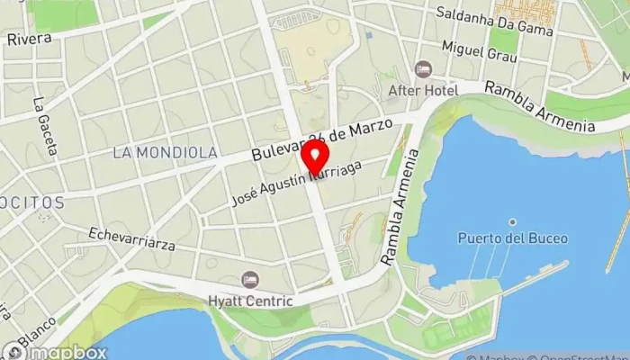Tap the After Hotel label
[x=423, y=90]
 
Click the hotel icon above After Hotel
[x=423, y=69]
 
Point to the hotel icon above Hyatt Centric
[x=250, y=280]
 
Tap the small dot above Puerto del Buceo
[x=512, y=221]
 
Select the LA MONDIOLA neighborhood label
[x=166, y=153]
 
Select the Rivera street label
[x=28, y=39]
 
